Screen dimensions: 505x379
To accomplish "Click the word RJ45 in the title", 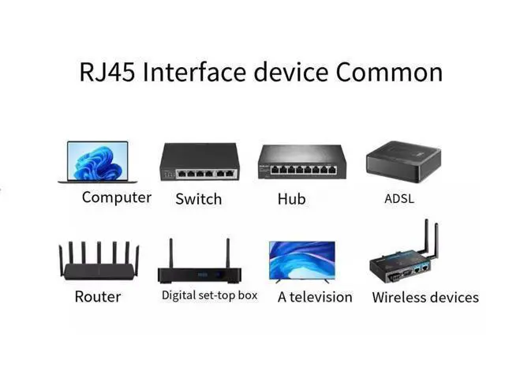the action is point(107,72).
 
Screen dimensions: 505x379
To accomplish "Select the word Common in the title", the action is point(389,72).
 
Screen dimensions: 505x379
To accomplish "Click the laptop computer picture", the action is point(98,162).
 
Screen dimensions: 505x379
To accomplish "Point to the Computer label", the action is point(117,197).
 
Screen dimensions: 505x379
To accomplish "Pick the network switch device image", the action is point(200,162).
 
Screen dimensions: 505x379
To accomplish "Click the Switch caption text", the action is point(199,199).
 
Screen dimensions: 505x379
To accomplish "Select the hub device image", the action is point(302,162).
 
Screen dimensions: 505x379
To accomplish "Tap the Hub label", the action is point(291,199).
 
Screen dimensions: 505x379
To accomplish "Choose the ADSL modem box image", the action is point(403,162).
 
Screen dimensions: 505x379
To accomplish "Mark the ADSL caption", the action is point(399,198).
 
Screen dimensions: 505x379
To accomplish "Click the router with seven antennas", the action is point(99,261).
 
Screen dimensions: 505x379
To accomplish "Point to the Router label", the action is point(98,297).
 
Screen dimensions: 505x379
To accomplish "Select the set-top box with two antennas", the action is point(200,261).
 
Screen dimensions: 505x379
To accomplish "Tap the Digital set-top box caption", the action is point(210,295).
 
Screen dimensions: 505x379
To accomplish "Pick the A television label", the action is point(315,297).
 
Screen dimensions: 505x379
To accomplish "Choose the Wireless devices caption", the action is point(425,297).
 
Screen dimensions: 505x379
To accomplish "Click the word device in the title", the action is point(291,72).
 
